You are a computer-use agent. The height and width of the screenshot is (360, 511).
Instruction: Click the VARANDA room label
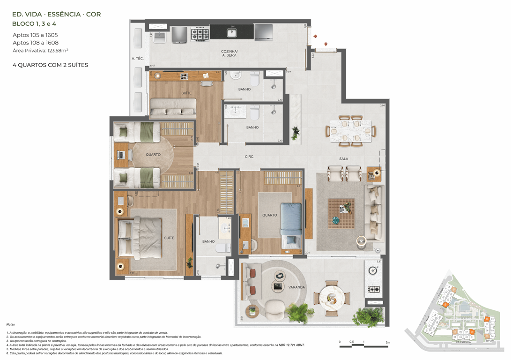(x=296, y=287)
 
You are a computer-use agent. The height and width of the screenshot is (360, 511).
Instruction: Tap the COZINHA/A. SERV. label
(x=229, y=53)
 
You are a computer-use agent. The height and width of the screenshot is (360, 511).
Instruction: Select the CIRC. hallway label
(x=249, y=157)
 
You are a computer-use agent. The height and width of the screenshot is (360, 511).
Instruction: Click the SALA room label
(x=343, y=159)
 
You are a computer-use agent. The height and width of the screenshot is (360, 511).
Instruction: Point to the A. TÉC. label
(x=137, y=59)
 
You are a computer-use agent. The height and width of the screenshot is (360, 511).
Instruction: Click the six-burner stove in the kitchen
(x=199, y=34)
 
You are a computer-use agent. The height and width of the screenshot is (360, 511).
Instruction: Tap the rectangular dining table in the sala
(x=350, y=131)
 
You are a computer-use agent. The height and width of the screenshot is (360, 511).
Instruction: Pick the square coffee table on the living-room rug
(x=341, y=213)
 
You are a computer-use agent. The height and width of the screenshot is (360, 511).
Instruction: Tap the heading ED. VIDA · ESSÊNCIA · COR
(x=57, y=15)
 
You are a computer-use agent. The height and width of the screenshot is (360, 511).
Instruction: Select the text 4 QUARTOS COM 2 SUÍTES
(x=51, y=65)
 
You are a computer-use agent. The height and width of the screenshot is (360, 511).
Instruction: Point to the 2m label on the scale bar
(x=387, y=343)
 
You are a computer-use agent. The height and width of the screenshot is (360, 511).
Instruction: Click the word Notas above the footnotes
(x=10, y=324)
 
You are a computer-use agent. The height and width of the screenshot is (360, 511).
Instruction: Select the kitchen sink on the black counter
(x=231, y=32)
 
